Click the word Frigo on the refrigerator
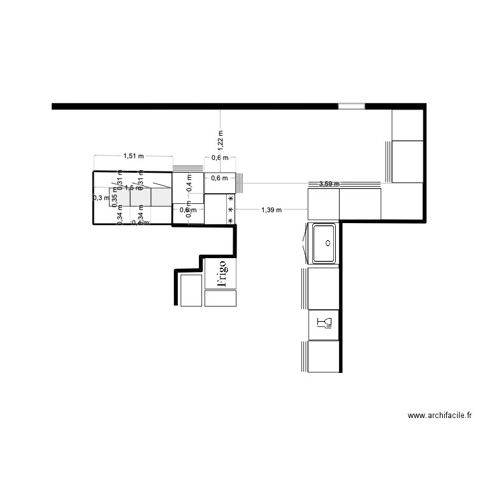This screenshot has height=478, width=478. point(221,273)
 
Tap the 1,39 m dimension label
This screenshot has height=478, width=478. point(272,209)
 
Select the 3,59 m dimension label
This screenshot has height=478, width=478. point(328,184)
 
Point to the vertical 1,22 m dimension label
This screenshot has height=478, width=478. point(221,140)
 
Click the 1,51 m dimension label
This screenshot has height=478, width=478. point(133,156)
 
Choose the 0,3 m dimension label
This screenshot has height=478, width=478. point(101,198)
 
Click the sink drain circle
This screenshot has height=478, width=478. point(328,243)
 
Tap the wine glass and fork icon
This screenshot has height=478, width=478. point(324,324)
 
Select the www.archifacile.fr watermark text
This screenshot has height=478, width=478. point(440,416)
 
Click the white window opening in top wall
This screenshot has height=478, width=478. point(351,106)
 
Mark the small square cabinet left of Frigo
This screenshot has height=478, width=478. point(191,290)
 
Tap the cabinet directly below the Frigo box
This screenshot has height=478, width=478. point(221,298)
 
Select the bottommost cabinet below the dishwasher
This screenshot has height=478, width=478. point(323,357)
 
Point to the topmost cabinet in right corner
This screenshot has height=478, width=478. point(408,124)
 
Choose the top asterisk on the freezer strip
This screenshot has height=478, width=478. point(231,199)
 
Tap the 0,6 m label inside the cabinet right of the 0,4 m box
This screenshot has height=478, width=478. point(219,178)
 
